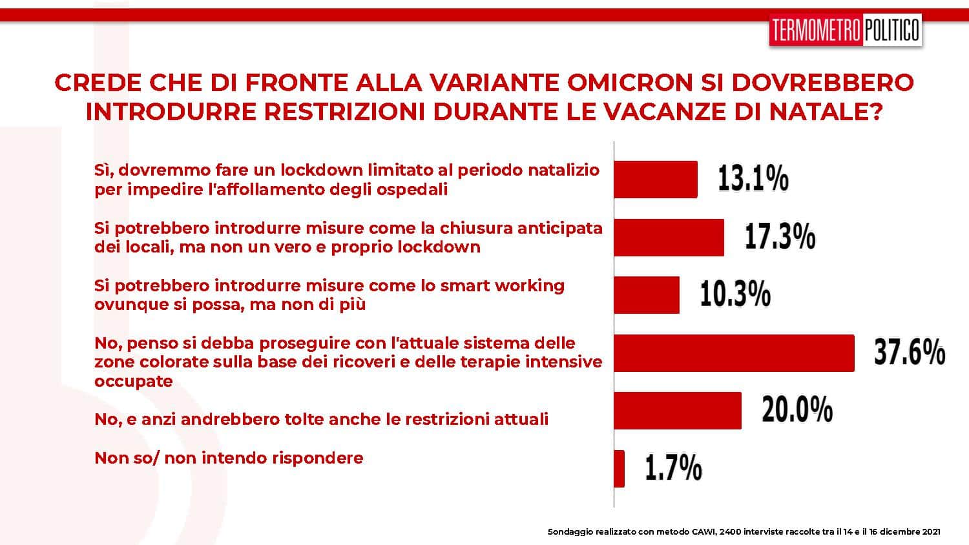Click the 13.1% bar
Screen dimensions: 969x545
coord(656,180)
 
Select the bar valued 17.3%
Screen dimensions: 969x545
coord(669,238)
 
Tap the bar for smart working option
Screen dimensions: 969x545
coord(647,295)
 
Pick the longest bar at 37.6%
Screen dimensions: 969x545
coord(735,353)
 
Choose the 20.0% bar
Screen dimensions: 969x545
coord(678,411)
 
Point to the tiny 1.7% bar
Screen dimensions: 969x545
coord(620,468)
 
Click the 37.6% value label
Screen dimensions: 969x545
coord(910,352)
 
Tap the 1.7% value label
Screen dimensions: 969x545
coord(674,467)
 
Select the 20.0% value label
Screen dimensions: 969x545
coord(797,409)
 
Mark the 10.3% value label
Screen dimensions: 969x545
coord(735,294)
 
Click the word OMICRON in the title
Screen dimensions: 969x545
coord(630,83)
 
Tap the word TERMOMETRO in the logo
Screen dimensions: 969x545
coord(816,30)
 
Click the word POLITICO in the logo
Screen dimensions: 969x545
coord(891,30)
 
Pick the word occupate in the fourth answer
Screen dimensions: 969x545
coord(133,382)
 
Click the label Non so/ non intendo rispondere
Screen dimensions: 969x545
coord(229,458)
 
